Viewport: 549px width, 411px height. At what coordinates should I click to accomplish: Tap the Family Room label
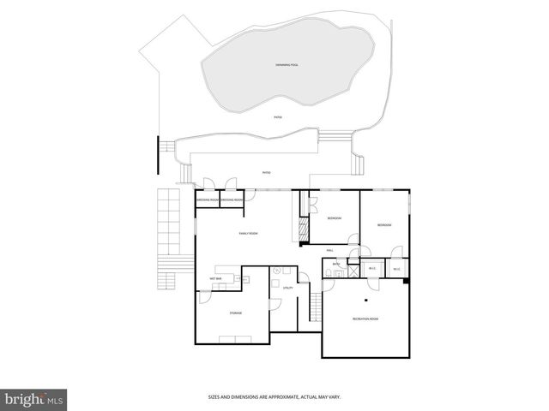[249, 234]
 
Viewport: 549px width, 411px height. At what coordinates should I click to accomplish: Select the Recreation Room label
[365, 319]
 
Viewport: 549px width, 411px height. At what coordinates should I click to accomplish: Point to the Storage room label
[235, 313]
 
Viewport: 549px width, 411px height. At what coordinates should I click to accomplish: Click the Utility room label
[288, 288]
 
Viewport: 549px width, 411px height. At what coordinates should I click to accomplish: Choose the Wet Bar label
[215, 279]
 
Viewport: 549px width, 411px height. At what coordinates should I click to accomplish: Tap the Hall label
[330, 250]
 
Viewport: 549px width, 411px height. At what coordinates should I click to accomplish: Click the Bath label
[336, 264]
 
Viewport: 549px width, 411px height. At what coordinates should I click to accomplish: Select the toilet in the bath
[330, 273]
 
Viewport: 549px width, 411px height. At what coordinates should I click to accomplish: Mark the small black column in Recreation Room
[366, 301]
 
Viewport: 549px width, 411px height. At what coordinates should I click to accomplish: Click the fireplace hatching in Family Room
[302, 230]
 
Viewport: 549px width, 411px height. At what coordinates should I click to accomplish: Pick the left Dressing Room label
[208, 200]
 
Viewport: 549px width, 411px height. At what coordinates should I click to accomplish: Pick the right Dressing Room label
[232, 200]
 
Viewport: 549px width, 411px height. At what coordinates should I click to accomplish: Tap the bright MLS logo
[34, 399]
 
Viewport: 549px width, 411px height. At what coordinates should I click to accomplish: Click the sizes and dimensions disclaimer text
[274, 397]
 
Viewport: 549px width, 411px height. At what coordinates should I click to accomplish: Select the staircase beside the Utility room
[316, 304]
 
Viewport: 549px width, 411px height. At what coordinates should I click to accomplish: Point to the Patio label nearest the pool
[277, 116]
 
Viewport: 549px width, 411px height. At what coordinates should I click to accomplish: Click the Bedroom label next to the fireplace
[335, 219]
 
